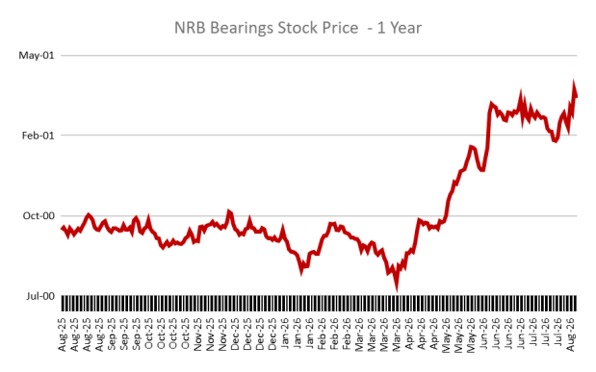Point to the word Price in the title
pyautogui.click(x=340, y=28)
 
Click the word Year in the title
pyautogui.click(x=406, y=28)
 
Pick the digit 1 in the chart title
pyautogui.click(x=381, y=28)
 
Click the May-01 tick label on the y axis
pyautogui.click(x=37, y=56)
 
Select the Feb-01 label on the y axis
pyautogui.click(x=38, y=136)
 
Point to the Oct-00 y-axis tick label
pyautogui.click(x=39, y=216)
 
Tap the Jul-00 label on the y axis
pyautogui.click(x=40, y=296)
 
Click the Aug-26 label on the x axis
pyautogui.click(x=571, y=335)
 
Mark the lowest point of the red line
pyautogui.click(x=397, y=290)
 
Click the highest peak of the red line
pyautogui.click(x=573, y=82)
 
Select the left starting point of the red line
pyautogui.click(x=63, y=228)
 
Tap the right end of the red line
pyautogui.click(x=576, y=96)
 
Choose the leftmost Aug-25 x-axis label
pyautogui.click(x=62, y=335)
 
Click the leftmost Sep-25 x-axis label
pyautogui.click(x=112, y=335)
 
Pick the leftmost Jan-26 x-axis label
pyautogui.click(x=285, y=335)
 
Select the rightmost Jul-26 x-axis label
pyautogui.click(x=558, y=335)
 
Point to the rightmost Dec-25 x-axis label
pyautogui.click(x=272, y=335)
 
